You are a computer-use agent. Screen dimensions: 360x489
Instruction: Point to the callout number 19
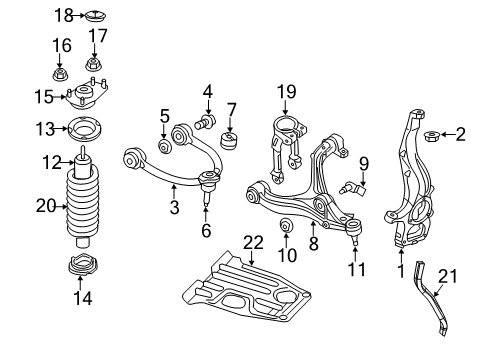287,93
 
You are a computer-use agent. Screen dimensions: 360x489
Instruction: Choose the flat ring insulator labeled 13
83,129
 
